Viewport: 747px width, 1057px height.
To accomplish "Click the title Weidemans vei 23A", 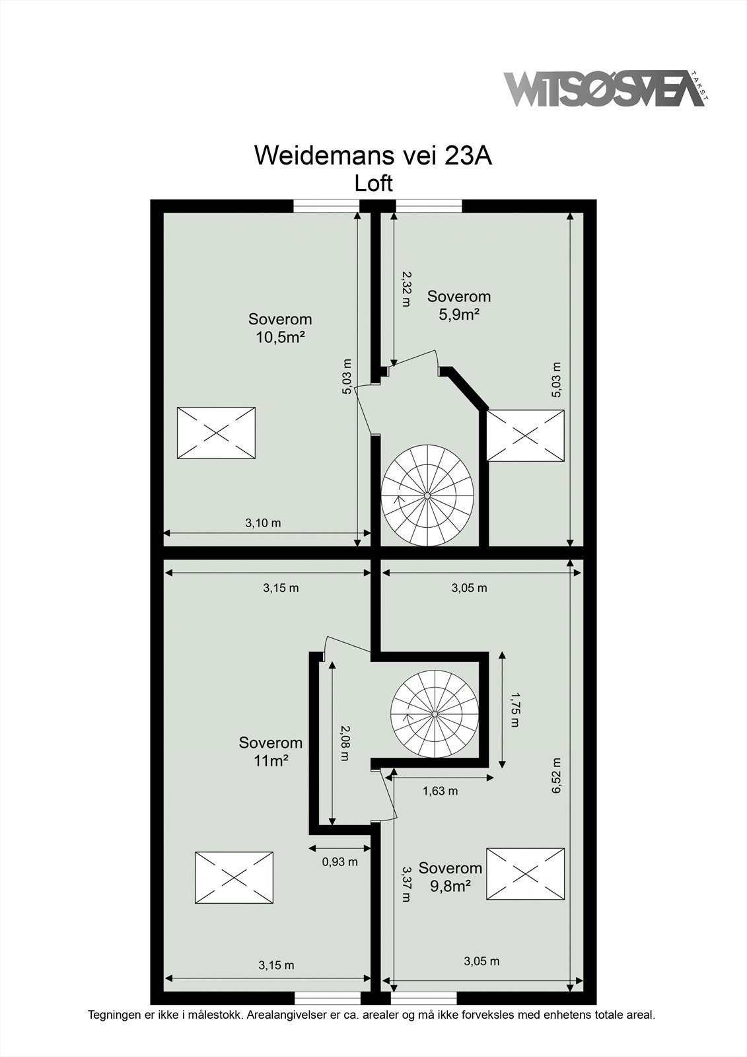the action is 373,155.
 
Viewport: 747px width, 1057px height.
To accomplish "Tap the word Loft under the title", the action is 373,184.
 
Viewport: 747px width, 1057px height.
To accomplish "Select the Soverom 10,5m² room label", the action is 280,328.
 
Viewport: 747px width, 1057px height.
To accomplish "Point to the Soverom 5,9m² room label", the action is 459,305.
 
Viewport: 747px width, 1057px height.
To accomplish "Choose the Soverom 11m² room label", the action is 270,751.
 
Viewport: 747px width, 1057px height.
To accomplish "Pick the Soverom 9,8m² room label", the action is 450,877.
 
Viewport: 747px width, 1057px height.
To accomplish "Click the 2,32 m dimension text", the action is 406,289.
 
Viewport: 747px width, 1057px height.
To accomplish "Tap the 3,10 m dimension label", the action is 263,523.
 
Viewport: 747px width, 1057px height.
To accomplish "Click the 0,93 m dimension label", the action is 339,861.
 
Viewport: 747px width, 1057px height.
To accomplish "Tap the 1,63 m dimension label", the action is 441,791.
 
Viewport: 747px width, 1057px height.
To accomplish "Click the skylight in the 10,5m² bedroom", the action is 216,433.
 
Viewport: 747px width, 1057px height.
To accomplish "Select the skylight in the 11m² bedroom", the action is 234,877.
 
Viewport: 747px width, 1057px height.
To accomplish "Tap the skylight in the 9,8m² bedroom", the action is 526,874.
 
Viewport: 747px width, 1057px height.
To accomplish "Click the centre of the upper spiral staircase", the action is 427,496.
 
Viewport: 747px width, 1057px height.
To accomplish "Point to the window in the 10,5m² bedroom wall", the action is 326,206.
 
